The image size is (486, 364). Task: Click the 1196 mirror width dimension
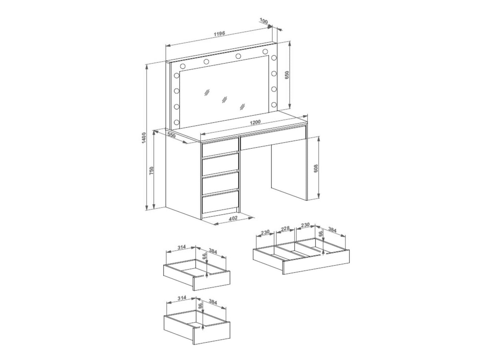tap(219, 34)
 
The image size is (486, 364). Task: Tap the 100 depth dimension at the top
tap(263, 22)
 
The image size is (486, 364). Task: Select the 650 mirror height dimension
tap(287, 75)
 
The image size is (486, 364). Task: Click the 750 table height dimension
tap(151, 171)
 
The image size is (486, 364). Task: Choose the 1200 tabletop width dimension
tap(255, 122)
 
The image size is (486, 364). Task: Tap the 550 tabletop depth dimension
tap(171, 135)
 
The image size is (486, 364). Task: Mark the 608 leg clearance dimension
tap(316, 168)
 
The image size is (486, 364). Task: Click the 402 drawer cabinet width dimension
tap(233, 218)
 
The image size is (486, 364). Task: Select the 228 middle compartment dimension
tap(285, 228)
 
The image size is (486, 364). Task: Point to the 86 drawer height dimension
tap(200, 305)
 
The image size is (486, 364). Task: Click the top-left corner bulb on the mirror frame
tap(183, 66)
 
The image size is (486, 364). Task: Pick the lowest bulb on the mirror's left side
tap(177, 122)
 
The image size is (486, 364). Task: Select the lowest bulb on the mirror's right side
tap(274, 104)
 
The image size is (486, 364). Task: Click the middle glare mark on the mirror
tap(225, 99)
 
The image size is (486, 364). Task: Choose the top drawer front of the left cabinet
tap(220, 149)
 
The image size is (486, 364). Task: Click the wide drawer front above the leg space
tap(273, 137)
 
